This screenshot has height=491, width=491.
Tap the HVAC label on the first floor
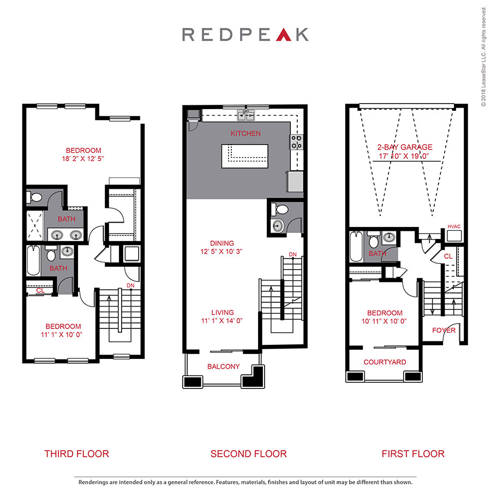point(454,226)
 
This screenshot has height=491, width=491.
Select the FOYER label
point(444,330)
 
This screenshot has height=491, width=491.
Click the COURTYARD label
point(385,362)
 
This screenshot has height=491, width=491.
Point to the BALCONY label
point(223,367)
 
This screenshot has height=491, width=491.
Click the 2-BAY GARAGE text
point(405,147)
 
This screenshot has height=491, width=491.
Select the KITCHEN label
point(245,133)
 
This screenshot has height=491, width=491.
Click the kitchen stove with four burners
point(297,142)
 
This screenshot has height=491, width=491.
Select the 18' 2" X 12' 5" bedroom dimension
point(83,159)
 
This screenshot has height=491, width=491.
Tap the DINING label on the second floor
point(221,243)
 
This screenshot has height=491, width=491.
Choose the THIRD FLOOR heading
point(76,453)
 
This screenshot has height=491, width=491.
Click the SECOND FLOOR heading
point(248,453)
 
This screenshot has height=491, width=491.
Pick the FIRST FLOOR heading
point(413,453)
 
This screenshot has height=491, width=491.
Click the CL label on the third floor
point(40,291)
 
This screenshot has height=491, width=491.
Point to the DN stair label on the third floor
point(130,285)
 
